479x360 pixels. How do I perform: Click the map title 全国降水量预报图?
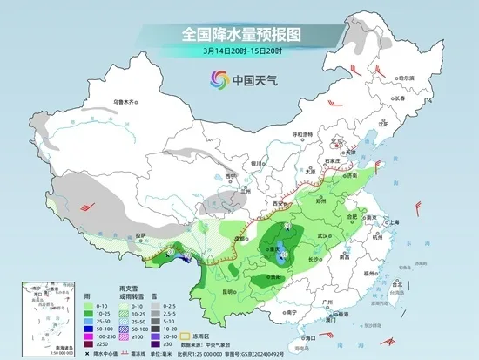(x=240, y=35)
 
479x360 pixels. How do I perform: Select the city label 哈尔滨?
(x=403, y=79)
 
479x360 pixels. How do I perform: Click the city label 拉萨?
(x=142, y=234)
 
